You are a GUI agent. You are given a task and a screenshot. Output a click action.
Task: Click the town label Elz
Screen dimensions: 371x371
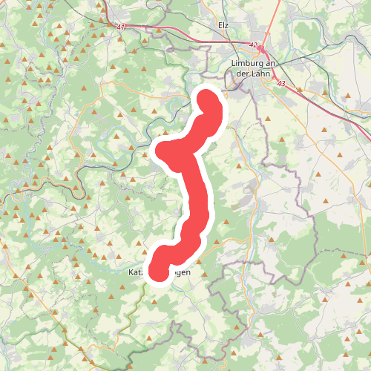tap(223, 24)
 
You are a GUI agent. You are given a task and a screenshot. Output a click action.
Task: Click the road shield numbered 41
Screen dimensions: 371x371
tap(121, 27)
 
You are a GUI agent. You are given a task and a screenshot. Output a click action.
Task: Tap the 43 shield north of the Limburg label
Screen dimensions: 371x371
tap(254, 46)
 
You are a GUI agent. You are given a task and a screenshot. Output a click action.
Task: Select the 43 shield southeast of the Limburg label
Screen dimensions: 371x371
tap(281, 85)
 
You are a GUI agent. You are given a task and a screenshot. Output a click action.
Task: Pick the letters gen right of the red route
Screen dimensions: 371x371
tap(183, 273)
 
